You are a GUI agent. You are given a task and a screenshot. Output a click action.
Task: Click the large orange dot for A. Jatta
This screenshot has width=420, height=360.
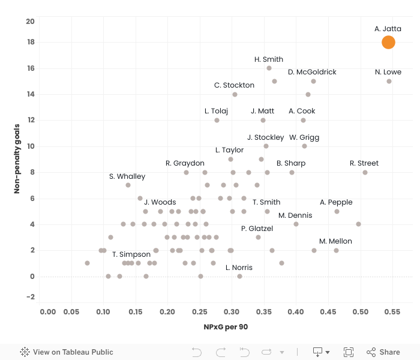[x=388, y=42]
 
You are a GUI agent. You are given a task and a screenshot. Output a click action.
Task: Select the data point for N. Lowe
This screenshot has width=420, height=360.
[x=389, y=81]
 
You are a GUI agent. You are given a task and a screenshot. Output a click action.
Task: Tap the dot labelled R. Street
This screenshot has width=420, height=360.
[x=365, y=172]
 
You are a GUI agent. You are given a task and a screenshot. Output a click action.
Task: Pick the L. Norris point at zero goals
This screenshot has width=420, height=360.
[x=239, y=276]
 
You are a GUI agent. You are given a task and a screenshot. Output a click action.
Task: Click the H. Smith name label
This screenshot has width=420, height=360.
[x=269, y=59]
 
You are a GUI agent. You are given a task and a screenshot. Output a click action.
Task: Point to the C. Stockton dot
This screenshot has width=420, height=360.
[x=235, y=94]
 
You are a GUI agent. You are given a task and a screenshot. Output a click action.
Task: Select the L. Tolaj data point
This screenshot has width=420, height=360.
[x=217, y=120]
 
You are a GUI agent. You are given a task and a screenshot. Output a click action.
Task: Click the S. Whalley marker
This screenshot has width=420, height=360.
[x=128, y=185]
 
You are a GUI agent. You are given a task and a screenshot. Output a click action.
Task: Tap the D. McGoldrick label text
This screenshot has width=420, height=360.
[x=312, y=72]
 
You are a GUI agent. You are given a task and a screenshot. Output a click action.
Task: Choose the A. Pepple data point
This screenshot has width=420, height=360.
[x=337, y=211]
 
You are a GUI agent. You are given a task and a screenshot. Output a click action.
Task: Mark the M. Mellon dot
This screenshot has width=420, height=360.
[x=336, y=250]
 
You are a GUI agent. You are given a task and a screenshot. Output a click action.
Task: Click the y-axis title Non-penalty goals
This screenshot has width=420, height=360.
[x=17, y=158]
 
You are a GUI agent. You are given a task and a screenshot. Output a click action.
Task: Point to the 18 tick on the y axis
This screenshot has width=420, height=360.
[x=31, y=43]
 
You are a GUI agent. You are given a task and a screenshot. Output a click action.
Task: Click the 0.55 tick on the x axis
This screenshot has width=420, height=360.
[x=392, y=312]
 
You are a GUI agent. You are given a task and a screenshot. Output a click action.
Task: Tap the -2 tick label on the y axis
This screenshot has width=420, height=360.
[x=31, y=297]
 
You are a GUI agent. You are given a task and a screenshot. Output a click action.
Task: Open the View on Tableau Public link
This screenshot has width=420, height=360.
[x=67, y=352]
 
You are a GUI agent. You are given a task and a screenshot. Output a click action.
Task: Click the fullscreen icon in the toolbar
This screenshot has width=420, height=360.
[x=349, y=352]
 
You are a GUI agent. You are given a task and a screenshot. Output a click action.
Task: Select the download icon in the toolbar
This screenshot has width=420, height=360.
[x=317, y=352]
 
